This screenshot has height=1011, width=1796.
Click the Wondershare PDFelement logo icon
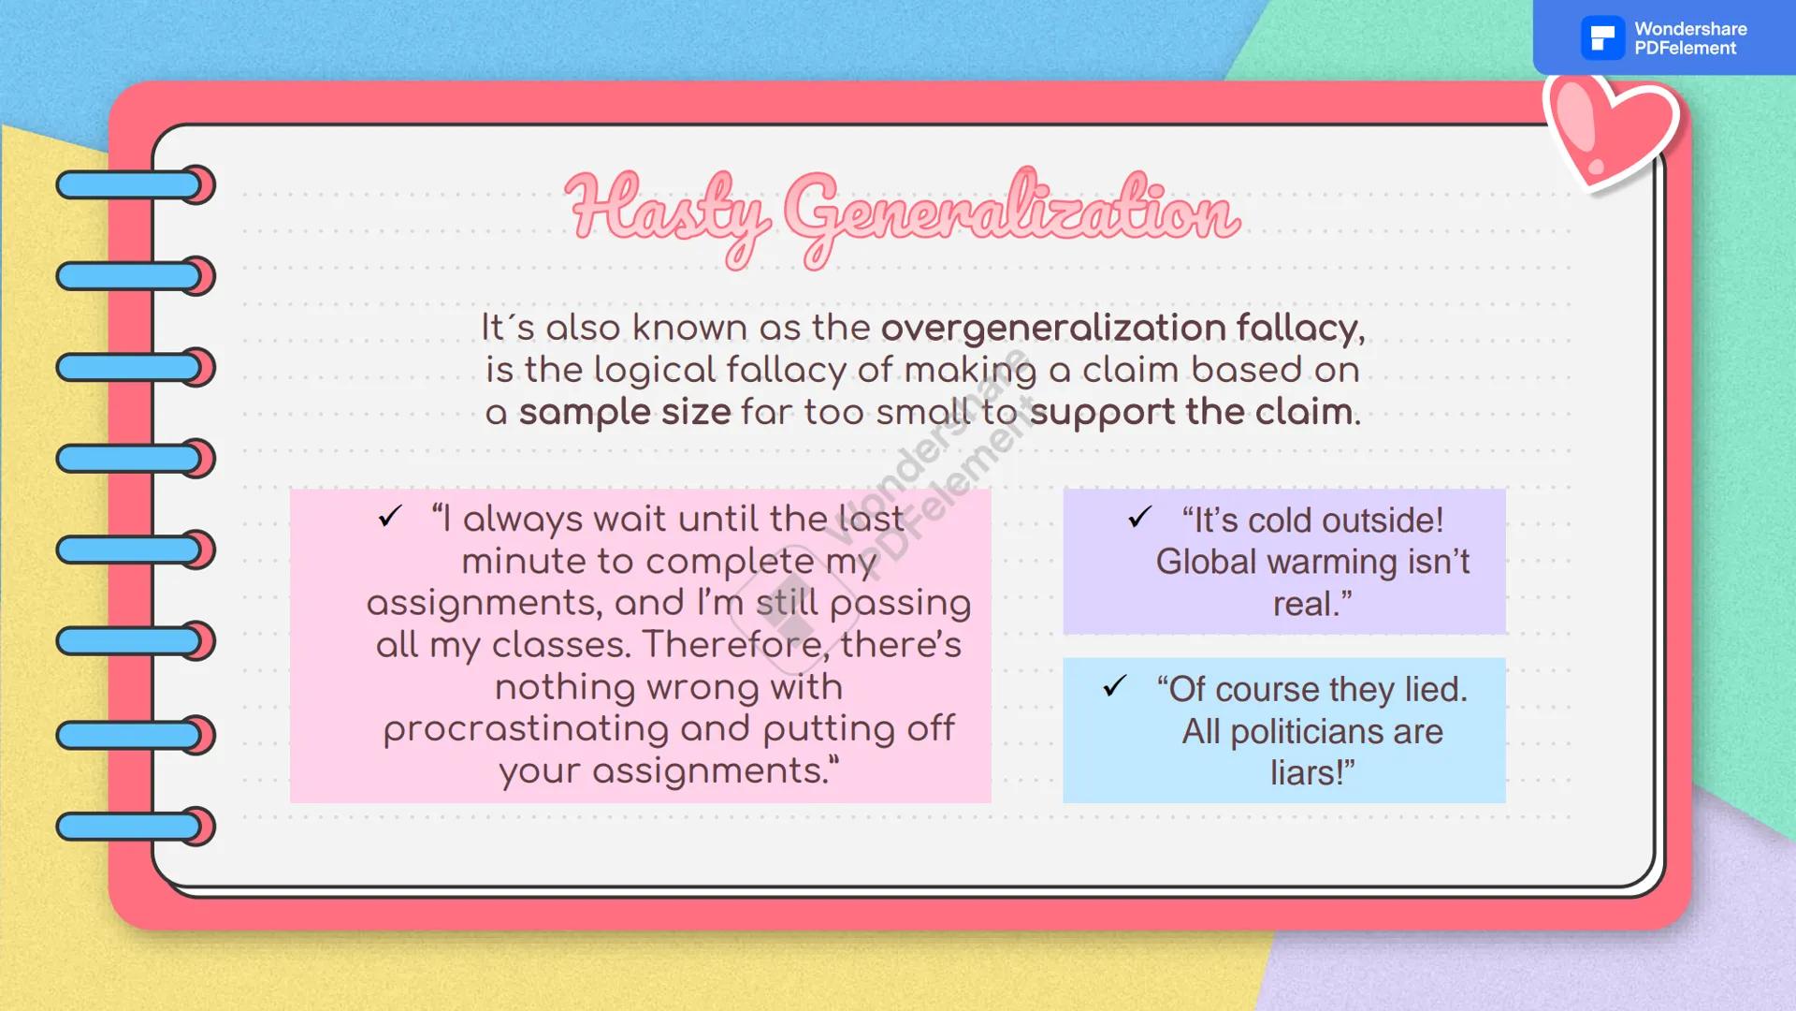coord(1602,38)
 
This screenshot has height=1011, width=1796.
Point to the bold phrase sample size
coord(625,412)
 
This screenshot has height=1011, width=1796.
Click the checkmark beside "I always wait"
coord(390,516)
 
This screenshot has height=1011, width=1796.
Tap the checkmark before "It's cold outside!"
coord(1138,517)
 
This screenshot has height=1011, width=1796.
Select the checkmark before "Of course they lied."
coord(1114,686)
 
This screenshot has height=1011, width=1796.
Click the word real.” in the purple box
coord(1311,604)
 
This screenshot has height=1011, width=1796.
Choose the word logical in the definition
coord(656,371)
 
